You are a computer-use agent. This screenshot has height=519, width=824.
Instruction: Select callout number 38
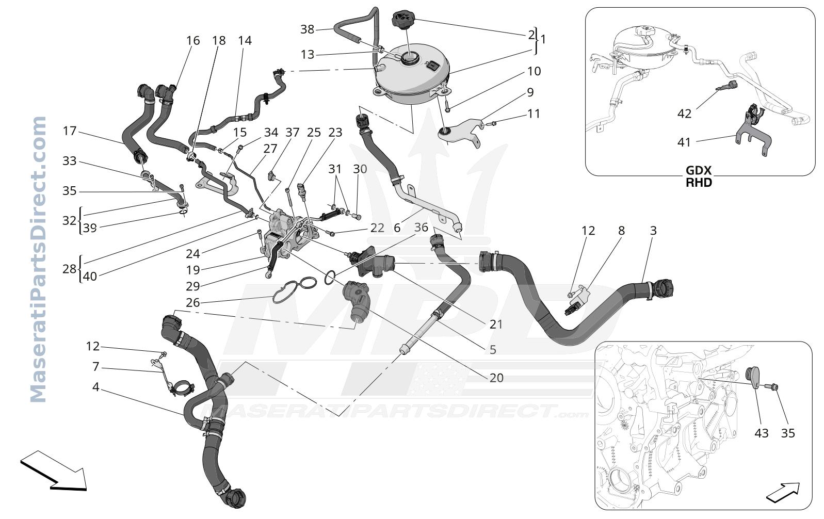[307, 29]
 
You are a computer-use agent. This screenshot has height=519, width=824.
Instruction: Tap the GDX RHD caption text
[699, 176]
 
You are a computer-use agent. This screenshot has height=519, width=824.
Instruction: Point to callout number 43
[761, 433]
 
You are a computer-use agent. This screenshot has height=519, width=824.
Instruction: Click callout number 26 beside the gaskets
[193, 303]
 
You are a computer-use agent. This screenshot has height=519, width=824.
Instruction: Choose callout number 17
[70, 131]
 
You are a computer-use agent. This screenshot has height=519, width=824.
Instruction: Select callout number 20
[496, 378]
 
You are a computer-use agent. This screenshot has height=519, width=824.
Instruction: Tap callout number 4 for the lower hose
[95, 387]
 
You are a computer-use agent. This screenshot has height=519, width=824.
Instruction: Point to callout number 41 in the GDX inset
[684, 142]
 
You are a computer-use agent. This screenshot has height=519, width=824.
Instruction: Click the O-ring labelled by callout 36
[330, 278]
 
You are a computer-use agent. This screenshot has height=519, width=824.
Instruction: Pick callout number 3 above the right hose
[653, 231]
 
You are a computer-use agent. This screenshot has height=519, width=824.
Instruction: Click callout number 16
[193, 40]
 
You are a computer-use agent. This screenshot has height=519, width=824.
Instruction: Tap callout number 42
[684, 113]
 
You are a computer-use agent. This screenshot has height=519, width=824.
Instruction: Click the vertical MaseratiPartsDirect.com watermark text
[38, 259]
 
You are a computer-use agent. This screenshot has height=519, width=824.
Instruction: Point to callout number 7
[95, 367]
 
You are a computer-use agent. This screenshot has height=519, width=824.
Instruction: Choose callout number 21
[496, 324]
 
